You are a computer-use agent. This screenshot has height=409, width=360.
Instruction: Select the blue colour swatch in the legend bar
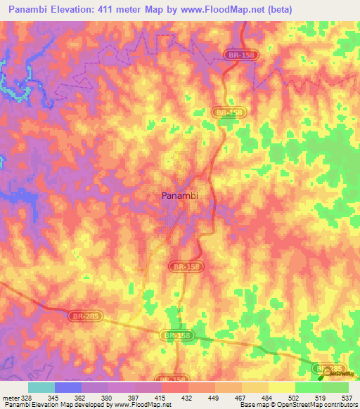point(68,387)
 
